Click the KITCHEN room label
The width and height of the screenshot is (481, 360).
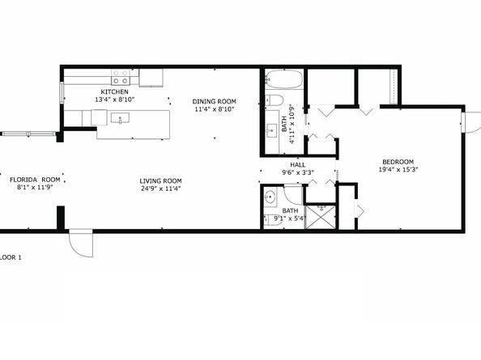[114, 91]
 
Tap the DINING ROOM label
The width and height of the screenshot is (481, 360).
[214, 101]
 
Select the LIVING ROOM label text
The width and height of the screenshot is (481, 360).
[160, 180]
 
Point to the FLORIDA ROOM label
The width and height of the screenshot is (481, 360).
[35, 180]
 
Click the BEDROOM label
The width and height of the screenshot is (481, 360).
[398, 162]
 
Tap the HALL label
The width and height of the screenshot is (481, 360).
[297, 165]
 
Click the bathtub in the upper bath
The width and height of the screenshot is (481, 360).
[284, 79]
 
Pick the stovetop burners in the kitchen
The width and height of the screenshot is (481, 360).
[120, 77]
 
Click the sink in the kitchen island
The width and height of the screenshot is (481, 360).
[120, 118]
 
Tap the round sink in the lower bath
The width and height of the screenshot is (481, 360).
[270, 197]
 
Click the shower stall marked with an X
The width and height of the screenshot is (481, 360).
[321, 217]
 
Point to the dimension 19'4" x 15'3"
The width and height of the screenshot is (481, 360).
[398, 169]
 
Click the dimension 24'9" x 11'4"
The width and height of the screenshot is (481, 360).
[160, 188]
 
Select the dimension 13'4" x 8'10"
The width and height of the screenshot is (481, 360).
[115, 100]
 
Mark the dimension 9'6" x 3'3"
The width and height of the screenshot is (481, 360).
[297, 172]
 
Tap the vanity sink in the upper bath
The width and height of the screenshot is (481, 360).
[272, 131]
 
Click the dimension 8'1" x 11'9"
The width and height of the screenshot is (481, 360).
[35, 187]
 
